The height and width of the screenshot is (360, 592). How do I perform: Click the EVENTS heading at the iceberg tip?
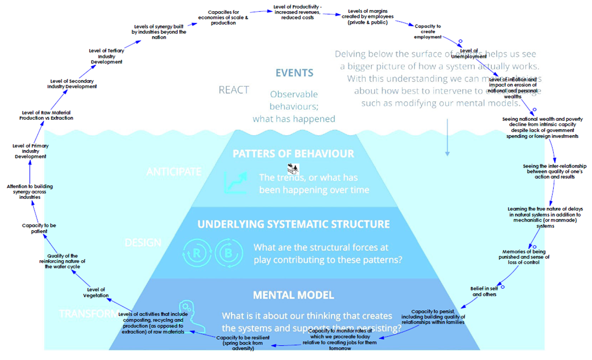(294, 73)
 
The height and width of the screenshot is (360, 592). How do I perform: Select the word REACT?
(234, 90)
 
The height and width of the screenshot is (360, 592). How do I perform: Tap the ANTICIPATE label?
(174, 171)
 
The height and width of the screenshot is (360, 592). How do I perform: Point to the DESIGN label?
(143, 242)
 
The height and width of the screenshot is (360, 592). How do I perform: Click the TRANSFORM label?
(88, 313)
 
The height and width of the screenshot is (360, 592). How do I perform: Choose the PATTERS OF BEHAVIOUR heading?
(294, 154)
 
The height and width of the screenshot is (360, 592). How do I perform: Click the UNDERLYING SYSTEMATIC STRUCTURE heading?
(294, 224)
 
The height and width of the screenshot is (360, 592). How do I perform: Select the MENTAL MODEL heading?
(294, 295)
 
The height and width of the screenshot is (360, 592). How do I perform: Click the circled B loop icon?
(228, 253)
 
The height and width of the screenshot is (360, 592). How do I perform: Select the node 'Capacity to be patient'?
(39, 229)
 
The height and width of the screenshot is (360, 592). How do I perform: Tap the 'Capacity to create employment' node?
(428, 31)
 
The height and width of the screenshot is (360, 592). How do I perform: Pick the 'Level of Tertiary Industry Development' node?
(107, 56)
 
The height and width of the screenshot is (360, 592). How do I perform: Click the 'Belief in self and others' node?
(484, 291)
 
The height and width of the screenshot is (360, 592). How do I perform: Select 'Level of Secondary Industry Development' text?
(72, 83)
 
